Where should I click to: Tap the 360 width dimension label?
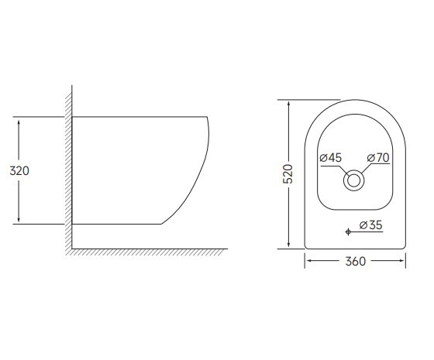pos(353,262)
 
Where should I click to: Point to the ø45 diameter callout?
pos(331,158)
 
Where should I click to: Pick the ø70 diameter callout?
pos(377,158)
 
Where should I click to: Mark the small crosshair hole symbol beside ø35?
pos(349,230)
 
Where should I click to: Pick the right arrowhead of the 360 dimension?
pos(401,261)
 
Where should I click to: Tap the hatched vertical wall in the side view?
pos(68,170)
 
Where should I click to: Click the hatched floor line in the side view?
pos(147,251)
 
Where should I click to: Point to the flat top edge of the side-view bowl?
pos(139,117)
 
